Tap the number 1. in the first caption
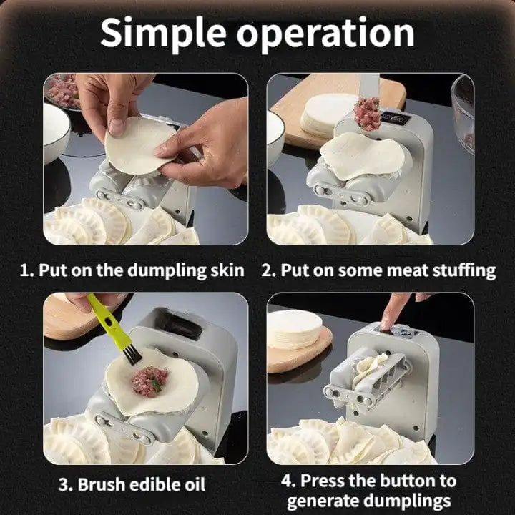[26, 270]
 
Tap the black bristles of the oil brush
[128, 353]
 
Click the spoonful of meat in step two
[368, 113]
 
